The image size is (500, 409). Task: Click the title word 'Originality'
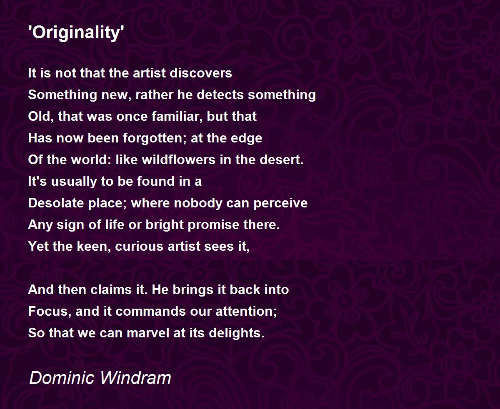coord(76,33)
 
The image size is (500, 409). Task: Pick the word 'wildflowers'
coord(179,160)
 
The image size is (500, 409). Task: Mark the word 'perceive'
coord(280,203)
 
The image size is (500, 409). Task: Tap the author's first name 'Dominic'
coord(61,378)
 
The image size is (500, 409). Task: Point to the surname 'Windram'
coord(135,378)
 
